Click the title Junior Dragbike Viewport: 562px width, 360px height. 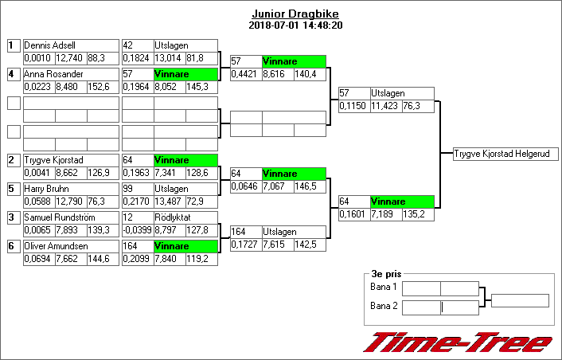295,14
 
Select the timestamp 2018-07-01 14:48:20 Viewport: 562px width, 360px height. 295,25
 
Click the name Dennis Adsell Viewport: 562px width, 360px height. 49,45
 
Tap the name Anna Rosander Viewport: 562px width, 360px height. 53,74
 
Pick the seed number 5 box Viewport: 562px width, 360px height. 14,189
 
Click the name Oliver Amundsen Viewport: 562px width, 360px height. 56,246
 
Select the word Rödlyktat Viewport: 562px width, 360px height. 173,217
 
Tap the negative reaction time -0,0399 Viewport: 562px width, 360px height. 138,230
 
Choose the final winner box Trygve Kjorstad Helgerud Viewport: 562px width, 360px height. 505,154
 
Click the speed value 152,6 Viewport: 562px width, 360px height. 99,87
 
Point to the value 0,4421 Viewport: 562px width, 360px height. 244,74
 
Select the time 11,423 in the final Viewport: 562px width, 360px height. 384,106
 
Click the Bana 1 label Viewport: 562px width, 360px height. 384,287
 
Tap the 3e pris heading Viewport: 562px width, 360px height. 386,274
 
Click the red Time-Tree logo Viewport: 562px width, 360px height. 459,342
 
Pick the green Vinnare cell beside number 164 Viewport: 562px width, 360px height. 185,246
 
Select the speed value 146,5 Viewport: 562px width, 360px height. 306,186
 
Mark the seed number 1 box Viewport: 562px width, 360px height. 14,45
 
